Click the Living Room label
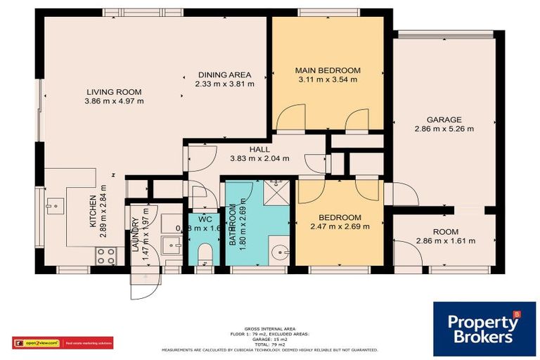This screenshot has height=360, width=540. coord(114,92)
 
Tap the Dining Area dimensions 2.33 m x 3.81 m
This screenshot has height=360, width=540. coord(224,84)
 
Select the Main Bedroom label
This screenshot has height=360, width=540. coord(327,70)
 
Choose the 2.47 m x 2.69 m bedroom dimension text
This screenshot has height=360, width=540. coord(340,226)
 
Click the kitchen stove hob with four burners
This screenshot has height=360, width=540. coord(105,257)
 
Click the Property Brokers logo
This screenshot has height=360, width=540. coord(484,328)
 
